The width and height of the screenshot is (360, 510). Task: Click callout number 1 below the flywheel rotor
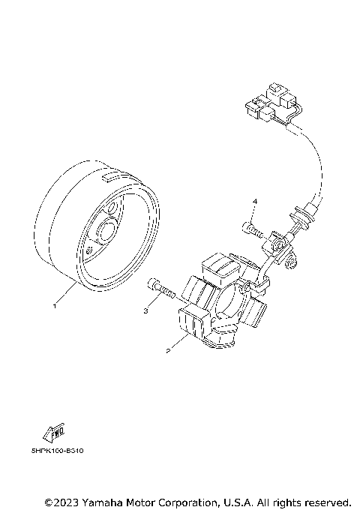click(x=54, y=306)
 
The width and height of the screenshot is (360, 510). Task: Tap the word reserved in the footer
click(x=325, y=501)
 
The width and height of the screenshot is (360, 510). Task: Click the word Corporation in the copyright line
click(x=195, y=501)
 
